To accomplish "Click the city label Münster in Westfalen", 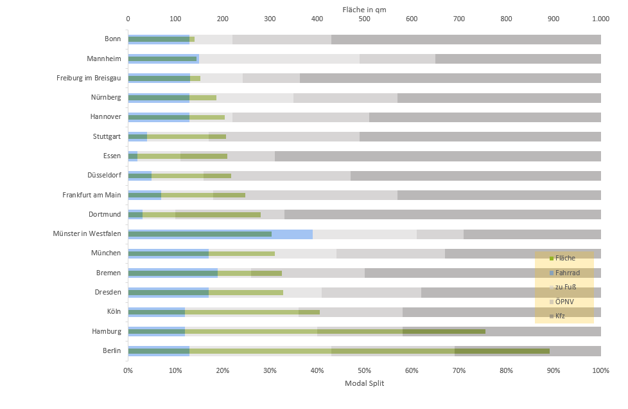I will [x=87, y=233].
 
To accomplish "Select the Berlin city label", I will [x=111, y=350].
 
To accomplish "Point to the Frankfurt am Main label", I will [x=91, y=195].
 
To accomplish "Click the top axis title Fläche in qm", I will [x=364, y=8].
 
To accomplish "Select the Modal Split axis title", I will [x=364, y=383].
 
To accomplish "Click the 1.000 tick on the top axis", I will [x=600, y=19].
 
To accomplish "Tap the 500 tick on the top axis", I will [x=364, y=19].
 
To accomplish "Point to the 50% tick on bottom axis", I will [x=364, y=370].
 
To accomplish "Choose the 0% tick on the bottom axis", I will [x=128, y=370].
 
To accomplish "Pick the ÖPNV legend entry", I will [x=564, y=301].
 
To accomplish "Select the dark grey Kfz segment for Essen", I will [x=437, y=156].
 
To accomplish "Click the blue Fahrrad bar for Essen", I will [x=133, y=156].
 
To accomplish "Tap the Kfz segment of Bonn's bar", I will [x=466, y=39].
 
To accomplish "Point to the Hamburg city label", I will [x=107, y=331].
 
